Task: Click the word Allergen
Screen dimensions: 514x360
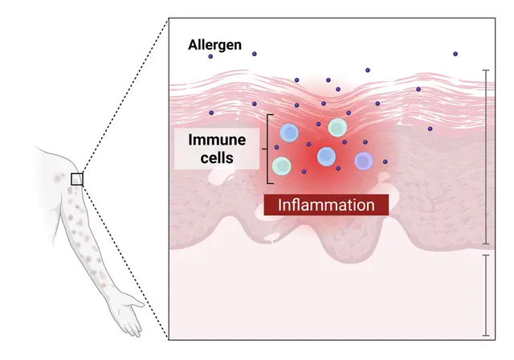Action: [214, 44]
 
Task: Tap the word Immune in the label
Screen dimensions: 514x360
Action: [217, 140]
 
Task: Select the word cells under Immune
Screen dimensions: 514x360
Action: [217, 157]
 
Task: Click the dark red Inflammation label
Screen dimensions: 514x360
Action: [326, 205]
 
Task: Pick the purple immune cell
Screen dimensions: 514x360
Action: [364, 161]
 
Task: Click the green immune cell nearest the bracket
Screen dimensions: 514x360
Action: [282, 166]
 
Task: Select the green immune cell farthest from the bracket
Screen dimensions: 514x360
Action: [337, 127]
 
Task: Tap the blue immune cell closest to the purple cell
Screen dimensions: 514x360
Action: [327, 157]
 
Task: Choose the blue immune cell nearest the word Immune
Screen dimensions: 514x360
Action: [289, 133]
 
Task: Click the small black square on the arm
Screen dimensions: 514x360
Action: [77, 179]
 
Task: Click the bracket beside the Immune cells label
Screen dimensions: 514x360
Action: [267, 149]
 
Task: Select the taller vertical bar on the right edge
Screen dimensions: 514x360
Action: [486, 157]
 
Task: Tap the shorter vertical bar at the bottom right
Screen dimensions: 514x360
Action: [486, 296]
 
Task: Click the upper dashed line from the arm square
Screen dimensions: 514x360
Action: [126, 95]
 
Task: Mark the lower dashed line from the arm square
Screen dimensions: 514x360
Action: [126, 262]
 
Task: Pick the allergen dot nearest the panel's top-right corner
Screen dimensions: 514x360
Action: [455, 54]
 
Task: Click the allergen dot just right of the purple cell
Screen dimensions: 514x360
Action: [385, 162]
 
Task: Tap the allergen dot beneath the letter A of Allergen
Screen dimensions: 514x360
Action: [210, 56]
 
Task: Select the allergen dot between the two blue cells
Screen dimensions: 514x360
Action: [308, 144]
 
